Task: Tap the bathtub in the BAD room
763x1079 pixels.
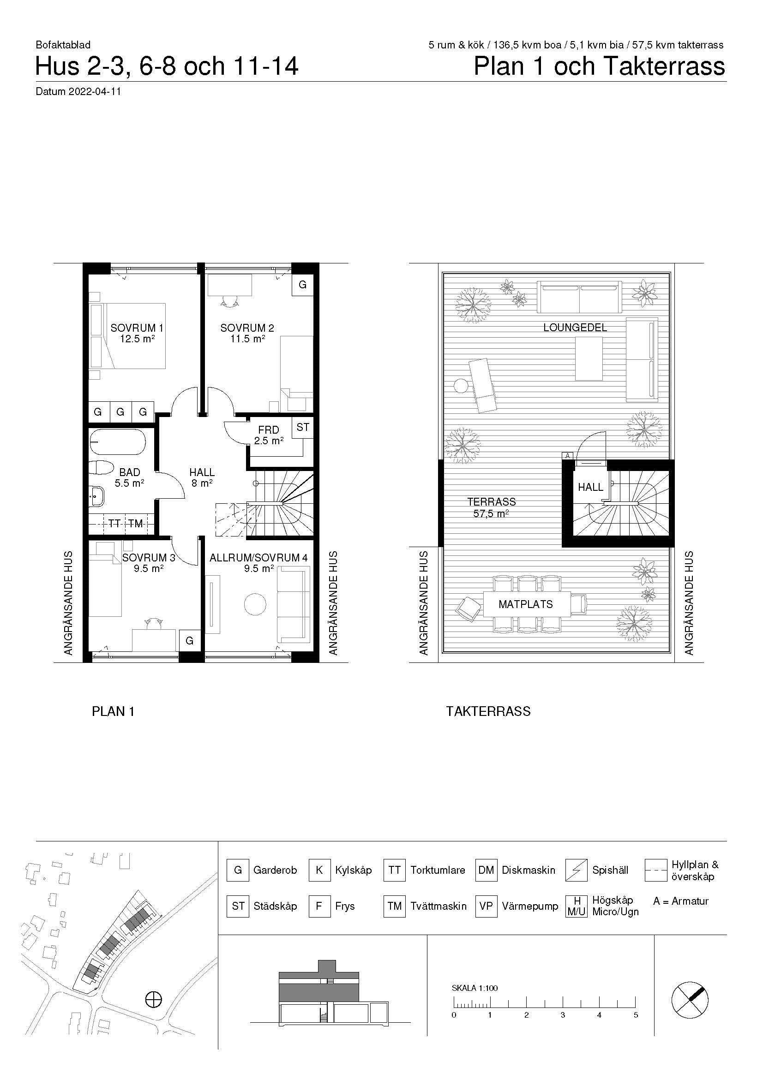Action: pyautogui.click(x=118, y=442)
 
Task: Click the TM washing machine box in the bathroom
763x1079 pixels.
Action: pyautogui.click(x=136, y=524)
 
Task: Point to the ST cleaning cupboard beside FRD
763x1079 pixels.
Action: pyautogui.click(x=303, y=427)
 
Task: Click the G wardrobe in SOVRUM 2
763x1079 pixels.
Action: pyautogui.click(x=303, y=285)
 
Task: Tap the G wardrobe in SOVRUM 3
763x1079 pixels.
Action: pyautogui.click(x=189, y=641)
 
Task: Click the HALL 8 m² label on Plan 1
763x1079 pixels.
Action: pyautogui.click(x=202, y=477)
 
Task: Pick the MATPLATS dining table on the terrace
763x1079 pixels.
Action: pyautogui.click(x=526, y=604)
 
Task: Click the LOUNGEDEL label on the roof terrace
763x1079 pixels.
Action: pyautogui.click(x=575, y=328)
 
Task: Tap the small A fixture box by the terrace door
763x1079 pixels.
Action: pyautogui.click(x=567, y=455)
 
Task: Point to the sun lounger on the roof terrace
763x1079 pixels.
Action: pyautogui.click(x=483, y=385)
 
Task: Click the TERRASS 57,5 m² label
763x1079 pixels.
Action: pyautogui.click(x=492, y=507)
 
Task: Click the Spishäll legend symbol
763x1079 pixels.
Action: pyautogui.click(x=576, y=870)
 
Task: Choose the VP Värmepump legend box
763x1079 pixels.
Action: pyautogui.click(x=486, y=906)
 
